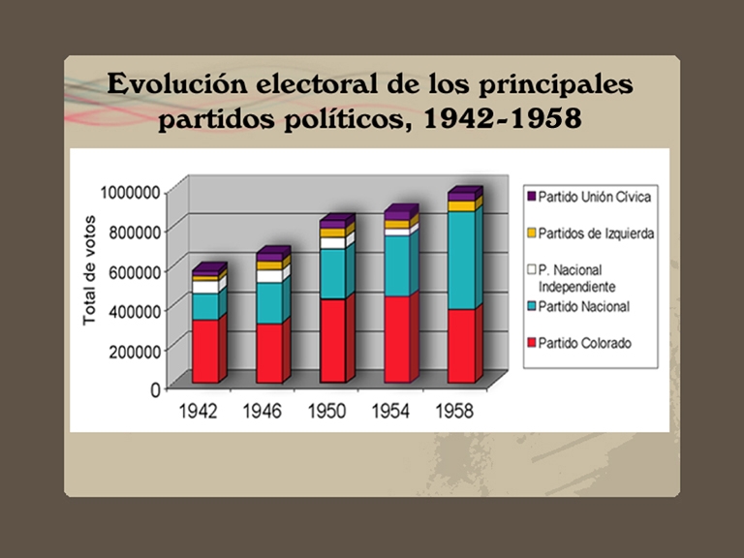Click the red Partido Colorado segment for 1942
pyautogui.click(x=204, y=351)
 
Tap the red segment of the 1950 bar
pyautogui.click(x=332, y=340)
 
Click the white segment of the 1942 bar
pyautogui.click(x=204, y=287)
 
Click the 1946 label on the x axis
pyautogui.click(x=263, y=411)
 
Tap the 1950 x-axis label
pyautogui.click(x=326, y=411)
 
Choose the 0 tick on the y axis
pyautogui.click(x=155, y=388)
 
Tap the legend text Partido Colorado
pyautogui.click(x=584, y=343)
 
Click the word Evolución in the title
pyautogui.click(x=178, y=84)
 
